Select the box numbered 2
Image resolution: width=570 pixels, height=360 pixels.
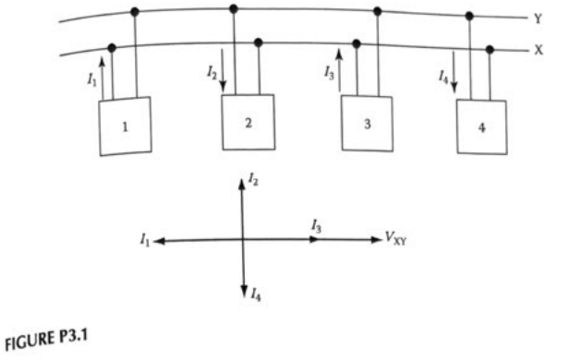(249, 121)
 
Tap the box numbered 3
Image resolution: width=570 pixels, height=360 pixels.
(368, 123)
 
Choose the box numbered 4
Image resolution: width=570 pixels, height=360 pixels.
(482, 126)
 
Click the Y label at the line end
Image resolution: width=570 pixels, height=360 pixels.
(538, 18)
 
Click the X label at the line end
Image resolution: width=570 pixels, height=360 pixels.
(538, 50)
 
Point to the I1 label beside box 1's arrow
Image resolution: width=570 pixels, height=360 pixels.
(91, 81)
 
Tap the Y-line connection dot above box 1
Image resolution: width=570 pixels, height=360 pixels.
(136, 12)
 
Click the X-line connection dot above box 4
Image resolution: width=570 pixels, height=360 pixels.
(490, 50)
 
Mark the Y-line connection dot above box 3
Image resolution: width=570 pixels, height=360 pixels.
(377, 11)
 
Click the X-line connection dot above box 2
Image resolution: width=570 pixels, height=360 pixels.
(259, 42)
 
